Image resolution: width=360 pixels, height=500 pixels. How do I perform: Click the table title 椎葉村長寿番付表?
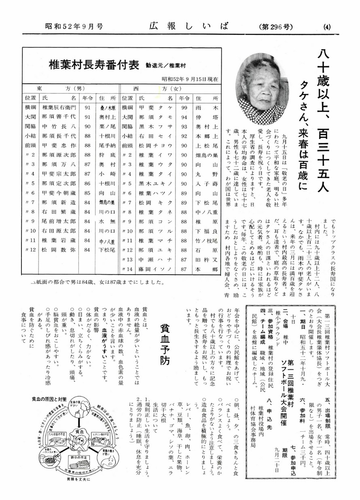coord(94,65)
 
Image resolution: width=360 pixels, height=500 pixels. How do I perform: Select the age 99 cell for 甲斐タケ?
coord(184,108)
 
